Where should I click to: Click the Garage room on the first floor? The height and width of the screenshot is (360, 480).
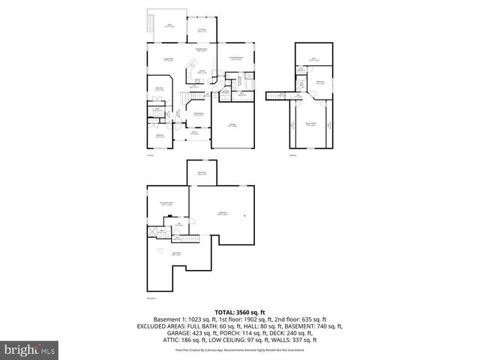[232, 125]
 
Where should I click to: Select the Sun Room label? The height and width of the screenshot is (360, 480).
[202, 30]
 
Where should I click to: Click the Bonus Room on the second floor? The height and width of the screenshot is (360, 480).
[310, 124]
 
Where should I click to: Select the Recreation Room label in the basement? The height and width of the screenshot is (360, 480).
[166, 203]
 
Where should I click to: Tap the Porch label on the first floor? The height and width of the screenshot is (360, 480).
[193, 133]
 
